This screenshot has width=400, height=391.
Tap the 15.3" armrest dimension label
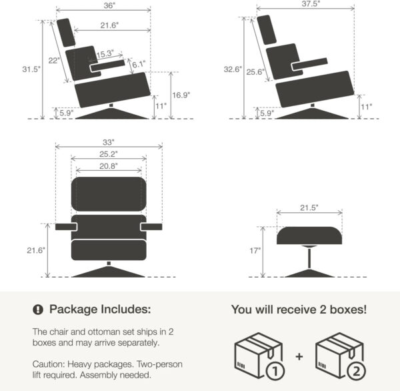[105, 54]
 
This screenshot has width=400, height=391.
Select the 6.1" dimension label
[138, 65]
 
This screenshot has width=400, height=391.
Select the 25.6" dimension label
[255, 71]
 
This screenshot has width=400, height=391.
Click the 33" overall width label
[109, 141]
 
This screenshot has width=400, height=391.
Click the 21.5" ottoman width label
[309, 208]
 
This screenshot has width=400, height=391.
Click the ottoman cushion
[309, 236]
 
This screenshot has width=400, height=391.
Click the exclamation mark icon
[38, 310]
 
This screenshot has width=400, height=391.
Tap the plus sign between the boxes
[299, 356]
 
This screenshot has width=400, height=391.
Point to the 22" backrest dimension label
[54, 61]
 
